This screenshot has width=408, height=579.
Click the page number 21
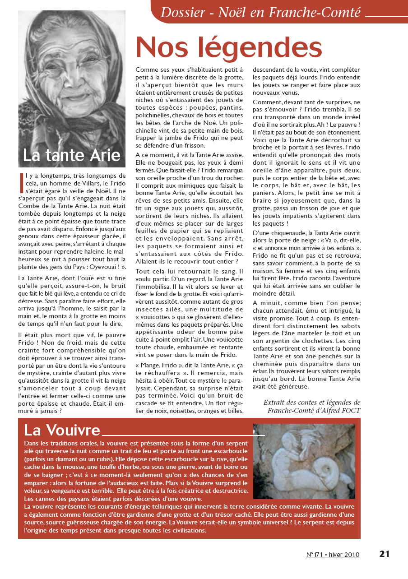point(384,554)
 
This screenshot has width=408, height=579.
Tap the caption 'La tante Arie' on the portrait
point(72,155)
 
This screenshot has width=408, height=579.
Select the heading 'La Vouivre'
point(62,429)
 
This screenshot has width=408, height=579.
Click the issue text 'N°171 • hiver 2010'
point(333,555)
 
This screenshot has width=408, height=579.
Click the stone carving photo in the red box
point(304,461)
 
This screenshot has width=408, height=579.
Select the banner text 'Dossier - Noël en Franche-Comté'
point(260,13)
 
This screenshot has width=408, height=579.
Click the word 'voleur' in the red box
point(34,491)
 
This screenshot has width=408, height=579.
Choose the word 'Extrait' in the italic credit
point(276,403)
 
